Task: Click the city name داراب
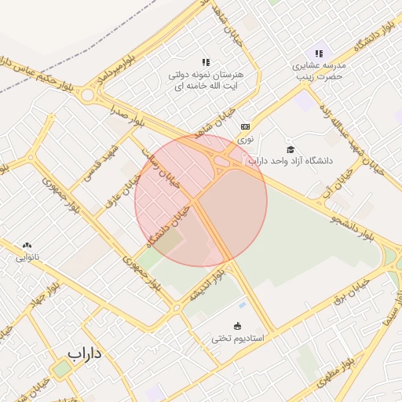86,353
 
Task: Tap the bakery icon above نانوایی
27,246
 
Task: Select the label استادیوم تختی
238,338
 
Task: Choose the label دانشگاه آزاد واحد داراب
291,161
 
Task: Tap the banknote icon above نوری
246,126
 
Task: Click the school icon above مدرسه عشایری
319,53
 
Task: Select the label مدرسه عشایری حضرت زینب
319,71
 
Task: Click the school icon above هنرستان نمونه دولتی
206,61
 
